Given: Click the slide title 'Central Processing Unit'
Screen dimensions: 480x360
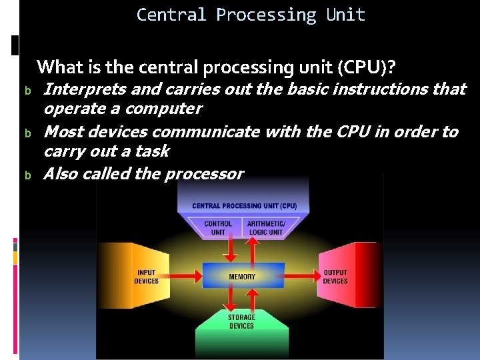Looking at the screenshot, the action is (x=251, y=15).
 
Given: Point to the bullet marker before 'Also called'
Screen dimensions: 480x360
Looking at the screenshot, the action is (x=28, y=175).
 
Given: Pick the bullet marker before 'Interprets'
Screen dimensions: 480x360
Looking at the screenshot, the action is (x=28, y=90).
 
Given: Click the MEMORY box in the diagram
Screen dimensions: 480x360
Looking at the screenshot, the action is (x=242, y=276).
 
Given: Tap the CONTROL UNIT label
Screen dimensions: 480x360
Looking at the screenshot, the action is (x=218, y=228).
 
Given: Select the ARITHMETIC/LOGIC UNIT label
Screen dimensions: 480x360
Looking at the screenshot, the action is (x=266, y=228).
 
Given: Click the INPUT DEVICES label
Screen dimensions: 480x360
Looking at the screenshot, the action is (x=146, y=277).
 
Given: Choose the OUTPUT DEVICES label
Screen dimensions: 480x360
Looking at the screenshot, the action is (x=335, y=277).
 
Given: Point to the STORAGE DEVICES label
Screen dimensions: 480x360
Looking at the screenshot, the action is (x=241, y=321).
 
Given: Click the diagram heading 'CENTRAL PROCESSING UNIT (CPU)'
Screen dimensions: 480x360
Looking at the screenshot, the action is (x=244, y=206).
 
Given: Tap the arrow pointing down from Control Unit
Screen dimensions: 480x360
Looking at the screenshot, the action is (x=229, y=250).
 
